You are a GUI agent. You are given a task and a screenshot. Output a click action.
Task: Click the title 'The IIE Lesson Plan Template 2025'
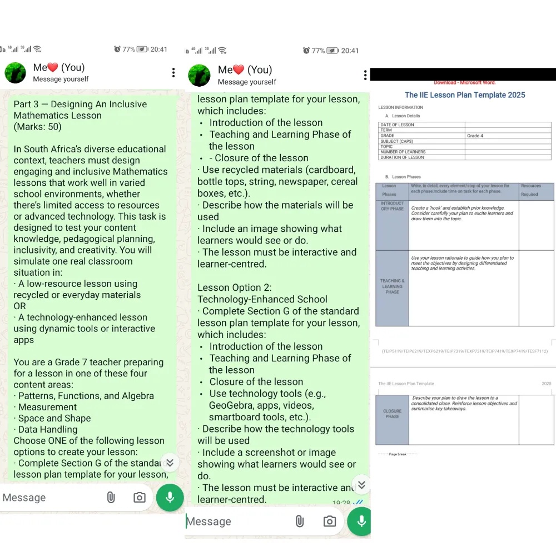pyautogui.click(x=465, y=95)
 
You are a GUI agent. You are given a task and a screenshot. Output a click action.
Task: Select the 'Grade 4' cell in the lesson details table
pyautogui.click(x=474, y=136)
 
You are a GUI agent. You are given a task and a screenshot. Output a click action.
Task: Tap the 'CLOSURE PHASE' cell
pyautogui.click(x=392, y=414)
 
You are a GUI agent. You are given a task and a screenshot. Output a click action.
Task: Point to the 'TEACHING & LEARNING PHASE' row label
pyautogui.click(x=392, y=286)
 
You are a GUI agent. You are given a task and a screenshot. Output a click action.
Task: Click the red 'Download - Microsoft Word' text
pyautogui.click(x=465, y=83)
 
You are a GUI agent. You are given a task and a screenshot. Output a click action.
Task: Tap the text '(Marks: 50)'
pyautogui.click(x=38, y=127)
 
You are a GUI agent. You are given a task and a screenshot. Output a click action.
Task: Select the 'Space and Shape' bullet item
pyautogui.click(x=54, y=418)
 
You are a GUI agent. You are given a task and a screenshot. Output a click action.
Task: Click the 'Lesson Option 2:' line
pyautogui.click(x=235, y=287)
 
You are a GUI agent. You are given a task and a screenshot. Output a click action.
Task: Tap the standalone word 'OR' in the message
pyautogui.click(x=20, y=306)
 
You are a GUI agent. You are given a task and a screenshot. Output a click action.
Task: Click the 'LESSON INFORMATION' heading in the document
pyautogui.click(x=400, y=108)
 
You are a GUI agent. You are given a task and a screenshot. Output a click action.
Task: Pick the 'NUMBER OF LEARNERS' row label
pyautogui.click(x=403, y=152)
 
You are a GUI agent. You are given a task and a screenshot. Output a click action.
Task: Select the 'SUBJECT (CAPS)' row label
pyautogui.click(x=397, y=141)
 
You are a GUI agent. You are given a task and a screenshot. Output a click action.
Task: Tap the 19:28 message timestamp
pyautogui.click(x=341, y=503)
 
